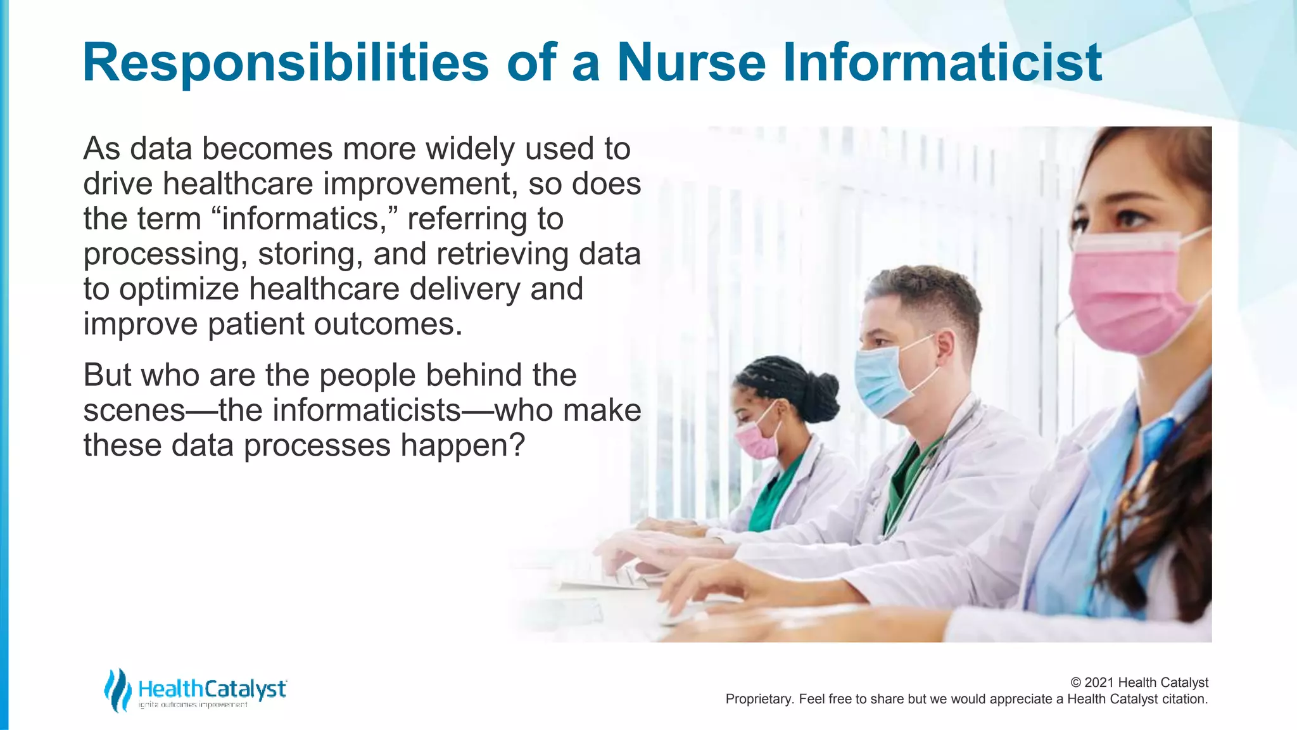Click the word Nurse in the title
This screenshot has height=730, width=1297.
pyautogui.click(x=692, y=63)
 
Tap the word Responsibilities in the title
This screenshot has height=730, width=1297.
pyautogui.click(x=286, y=63)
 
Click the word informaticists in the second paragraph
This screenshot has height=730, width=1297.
pyautogui.click(x=340, y=411)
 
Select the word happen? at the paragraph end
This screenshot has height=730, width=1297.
pyautogui.click(x=462, y=445)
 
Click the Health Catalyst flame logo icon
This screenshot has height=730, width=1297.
pyautogui.click(x=117, y=690)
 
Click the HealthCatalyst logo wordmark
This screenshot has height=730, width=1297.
pyautogui.click(x=212, y=689)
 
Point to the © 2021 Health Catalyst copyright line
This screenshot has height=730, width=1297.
pyautogui.click(x=1139, y=682)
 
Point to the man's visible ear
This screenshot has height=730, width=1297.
pyautogui.click(x=944, y=345)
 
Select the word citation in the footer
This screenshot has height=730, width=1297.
pyautogui.click(x=1184, y=700)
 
